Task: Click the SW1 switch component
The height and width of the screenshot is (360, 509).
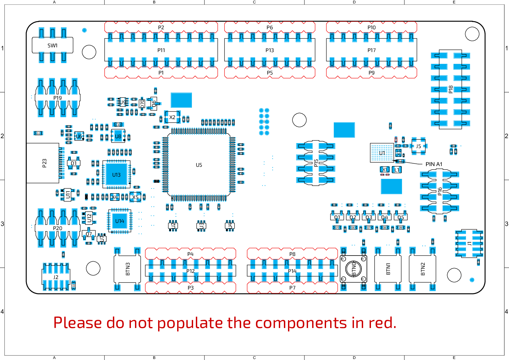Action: [52, 45]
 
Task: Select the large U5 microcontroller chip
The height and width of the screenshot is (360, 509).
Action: [199, 165]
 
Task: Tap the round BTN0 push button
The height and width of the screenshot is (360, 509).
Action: [354, 269]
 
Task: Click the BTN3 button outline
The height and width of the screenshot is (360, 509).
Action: [128, 269]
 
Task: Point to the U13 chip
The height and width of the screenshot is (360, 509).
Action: [116, 175]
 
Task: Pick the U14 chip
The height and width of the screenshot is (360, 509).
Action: [120, 221]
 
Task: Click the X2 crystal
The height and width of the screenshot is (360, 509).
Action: [172, 117]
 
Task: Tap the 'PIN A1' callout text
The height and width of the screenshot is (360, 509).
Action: [434, 164]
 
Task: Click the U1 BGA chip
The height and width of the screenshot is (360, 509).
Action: [382, 153]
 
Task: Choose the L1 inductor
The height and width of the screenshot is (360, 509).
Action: [397, 170]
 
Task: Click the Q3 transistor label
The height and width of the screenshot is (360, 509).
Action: [369, 217]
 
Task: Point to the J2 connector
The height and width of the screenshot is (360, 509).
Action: [56, 277]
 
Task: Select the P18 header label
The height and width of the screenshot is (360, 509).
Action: [451, 89]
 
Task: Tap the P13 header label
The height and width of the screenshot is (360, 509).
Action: [270, 50]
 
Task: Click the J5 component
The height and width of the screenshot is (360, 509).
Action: [419, 146]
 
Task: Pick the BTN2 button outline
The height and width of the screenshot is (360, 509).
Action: [423, 269]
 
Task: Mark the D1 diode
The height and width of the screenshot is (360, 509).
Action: [74, 163]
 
